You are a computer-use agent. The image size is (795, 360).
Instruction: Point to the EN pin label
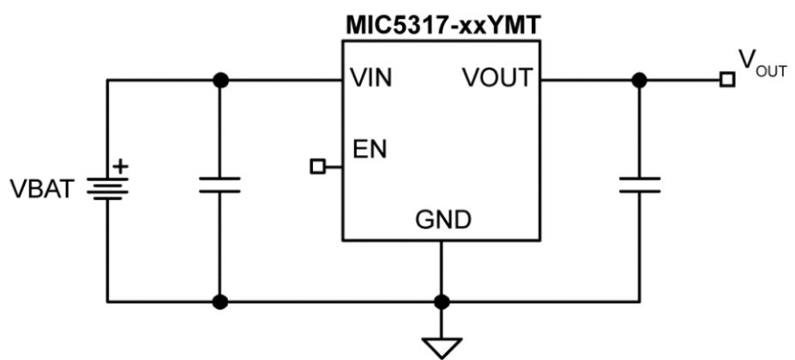[370, 150]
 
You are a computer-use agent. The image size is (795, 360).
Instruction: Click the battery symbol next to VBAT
[108, 188]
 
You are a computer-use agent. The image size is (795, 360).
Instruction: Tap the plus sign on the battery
[121, 165]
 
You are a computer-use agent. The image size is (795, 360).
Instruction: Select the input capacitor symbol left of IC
[220, 186]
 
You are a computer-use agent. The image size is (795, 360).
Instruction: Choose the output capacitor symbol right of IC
[639, 186]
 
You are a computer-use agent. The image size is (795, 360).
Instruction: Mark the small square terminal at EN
[317, 167]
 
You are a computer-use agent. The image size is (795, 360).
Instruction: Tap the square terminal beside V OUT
[727, 80]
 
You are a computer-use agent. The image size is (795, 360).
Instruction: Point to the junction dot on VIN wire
[220, 80]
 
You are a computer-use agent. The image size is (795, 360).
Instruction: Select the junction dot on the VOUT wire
[639, 80]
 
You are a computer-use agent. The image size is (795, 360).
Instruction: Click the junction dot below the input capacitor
[220, 302]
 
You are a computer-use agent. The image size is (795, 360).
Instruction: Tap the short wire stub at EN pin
[333, 167]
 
